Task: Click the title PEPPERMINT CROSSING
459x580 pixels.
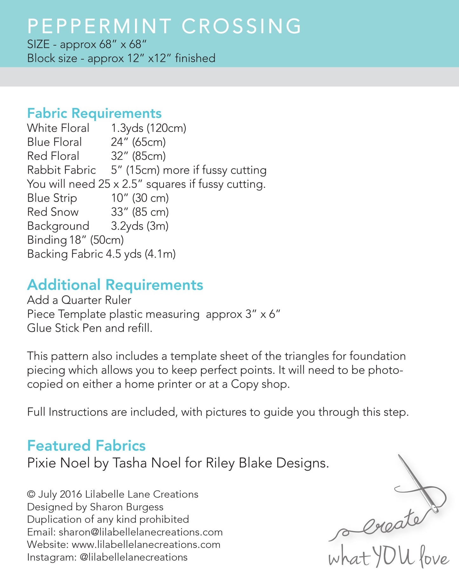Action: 164,26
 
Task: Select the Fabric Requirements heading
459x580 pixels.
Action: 94,113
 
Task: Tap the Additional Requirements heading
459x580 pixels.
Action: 115,285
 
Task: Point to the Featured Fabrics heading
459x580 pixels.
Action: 86,445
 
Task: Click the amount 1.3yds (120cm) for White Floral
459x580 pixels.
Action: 148,128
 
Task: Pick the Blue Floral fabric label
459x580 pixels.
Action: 54,142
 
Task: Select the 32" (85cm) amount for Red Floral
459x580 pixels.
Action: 138,156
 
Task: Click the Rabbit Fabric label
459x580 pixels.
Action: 61,170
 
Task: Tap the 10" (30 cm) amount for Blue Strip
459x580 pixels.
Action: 140,198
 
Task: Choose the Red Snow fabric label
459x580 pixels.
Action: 53,212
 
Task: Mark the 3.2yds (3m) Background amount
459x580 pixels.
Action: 139,226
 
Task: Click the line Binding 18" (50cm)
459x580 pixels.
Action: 75,240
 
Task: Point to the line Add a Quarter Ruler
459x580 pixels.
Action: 79,300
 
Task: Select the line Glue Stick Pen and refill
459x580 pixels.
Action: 90,328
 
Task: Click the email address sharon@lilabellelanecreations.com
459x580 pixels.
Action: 141,532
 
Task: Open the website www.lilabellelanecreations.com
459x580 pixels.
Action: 146,544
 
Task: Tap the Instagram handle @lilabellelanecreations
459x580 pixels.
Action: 133,557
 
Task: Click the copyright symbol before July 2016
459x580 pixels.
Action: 31,494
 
